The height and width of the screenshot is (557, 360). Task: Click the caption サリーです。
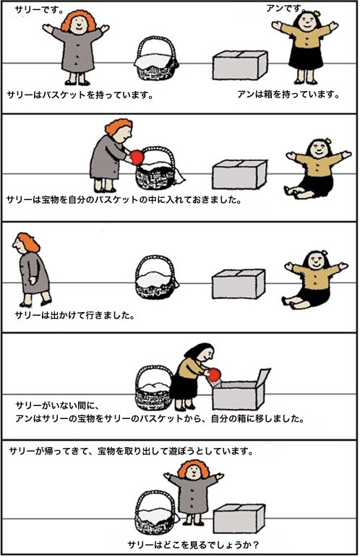pos(39,9)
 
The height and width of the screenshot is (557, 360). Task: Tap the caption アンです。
pos(286,8)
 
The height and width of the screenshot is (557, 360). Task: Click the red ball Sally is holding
pos(137,157)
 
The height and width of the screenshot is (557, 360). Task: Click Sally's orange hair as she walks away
pos(27,242)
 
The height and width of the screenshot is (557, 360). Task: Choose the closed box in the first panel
pos(240,65)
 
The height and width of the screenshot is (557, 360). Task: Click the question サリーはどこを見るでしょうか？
pos(193,544)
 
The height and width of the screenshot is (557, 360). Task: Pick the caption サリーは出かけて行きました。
pos(75,315)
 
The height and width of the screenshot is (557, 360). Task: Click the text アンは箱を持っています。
pos(288,94)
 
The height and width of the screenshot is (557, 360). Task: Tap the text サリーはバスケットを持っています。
pos(80,95)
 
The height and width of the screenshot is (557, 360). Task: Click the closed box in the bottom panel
pos(239,519)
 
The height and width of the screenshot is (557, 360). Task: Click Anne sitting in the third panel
pos(314,279)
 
